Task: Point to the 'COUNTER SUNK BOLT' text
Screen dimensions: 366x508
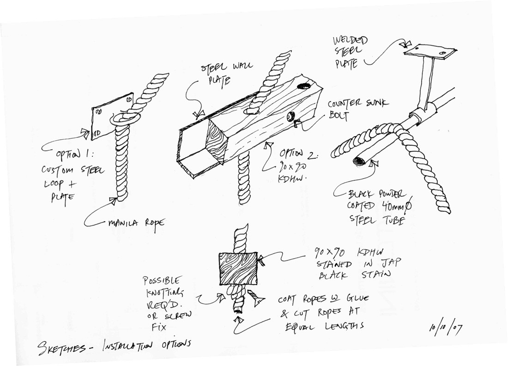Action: [357, 108]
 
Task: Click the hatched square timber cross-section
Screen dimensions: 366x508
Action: [238, 269]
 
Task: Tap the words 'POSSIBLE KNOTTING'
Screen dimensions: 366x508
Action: [163, 286]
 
